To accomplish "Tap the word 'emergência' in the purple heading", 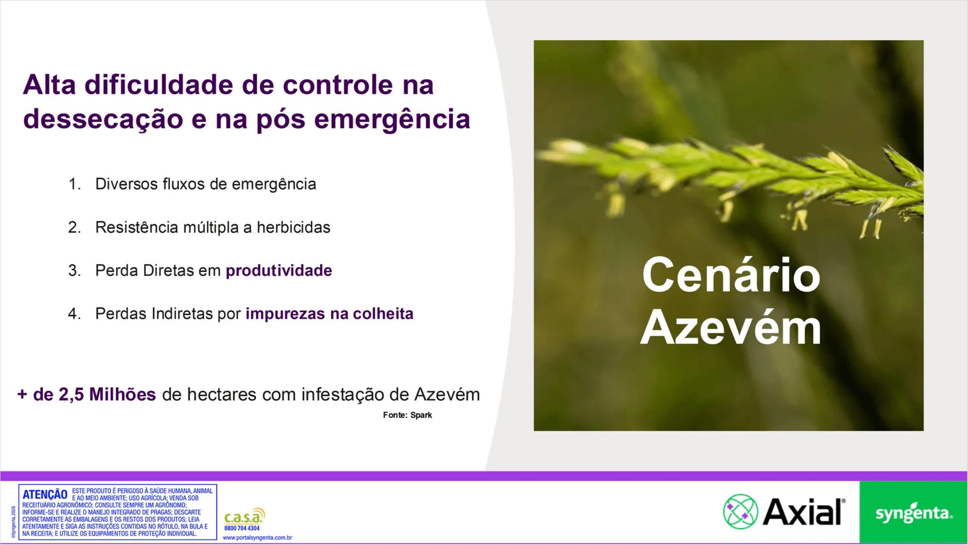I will [392, 119].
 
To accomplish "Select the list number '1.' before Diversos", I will [75, 184].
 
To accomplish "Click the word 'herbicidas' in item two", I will [293, 228].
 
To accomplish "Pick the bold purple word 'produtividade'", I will [278, 270].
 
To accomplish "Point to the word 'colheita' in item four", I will [383, 314].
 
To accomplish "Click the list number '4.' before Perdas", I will [75, 314].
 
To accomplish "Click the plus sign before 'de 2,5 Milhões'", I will [22, 395].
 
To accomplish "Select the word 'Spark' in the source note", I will [421, 415].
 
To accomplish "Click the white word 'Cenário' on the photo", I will [731, 275].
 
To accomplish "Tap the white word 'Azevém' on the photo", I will [731, 329].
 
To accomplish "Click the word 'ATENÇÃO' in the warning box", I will [45, 494].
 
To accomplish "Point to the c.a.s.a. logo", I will [244, 517].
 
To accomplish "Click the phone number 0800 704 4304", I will [242, 528].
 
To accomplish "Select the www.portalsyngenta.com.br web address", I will [257, 538].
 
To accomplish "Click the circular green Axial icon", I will [741, 512].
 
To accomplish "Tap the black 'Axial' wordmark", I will [803, 512].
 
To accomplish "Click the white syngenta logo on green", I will [913, 513].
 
